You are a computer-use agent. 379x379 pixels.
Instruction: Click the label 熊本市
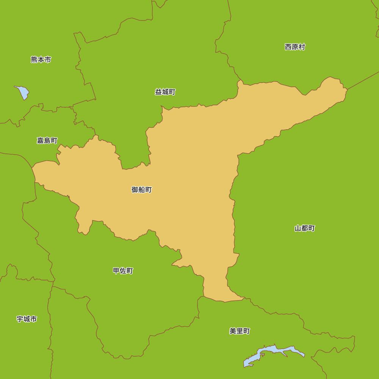click(x=41, y=60)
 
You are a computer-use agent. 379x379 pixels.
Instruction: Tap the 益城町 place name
click(x=165, y=92)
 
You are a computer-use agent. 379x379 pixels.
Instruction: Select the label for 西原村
click(x=295, y=47)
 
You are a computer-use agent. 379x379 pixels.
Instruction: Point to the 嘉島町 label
click(x=47, y=141)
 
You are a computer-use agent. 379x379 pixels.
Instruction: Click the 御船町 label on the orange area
click(x=141, y=189)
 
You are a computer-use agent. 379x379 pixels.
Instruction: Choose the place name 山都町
click(x=305, y=228)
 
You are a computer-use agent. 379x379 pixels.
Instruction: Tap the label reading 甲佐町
click(x=123, y=271)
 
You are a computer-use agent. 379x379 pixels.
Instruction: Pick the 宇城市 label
click(x=27, y=319)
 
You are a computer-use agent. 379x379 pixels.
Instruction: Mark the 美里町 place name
click(x=240, y=331)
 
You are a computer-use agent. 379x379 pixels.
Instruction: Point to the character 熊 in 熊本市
click(x=34, y=60)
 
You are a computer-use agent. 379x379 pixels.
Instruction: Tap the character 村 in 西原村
click(x=302, y=47)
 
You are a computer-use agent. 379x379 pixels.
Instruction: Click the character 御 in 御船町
click(x=135, y=189)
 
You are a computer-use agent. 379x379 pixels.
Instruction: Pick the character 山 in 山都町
click(x=298, y=228)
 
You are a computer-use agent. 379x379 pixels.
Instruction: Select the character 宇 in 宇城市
click(x=20, y=319)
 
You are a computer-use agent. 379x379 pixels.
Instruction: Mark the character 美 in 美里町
click(x=233, y=331)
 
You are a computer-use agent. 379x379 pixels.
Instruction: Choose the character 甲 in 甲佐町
click(x=116, y=271)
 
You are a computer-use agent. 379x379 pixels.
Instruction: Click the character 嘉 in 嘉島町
click(x=40, y=141)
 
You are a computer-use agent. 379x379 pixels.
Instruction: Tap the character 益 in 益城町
click(x=158, y=92)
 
